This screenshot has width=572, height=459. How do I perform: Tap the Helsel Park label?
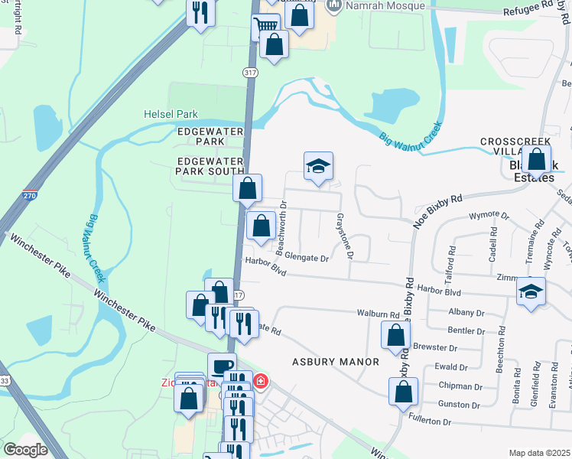click(x=171, y=114)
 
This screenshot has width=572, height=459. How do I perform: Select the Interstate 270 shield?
click(x=30, y=197)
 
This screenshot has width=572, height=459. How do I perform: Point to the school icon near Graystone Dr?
click(x=318, y=166)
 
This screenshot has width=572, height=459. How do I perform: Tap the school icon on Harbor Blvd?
click(x=531, y=291)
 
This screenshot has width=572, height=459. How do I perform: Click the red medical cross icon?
click(x=262, y=380)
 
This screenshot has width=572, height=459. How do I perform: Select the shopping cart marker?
click(x=265, y=25)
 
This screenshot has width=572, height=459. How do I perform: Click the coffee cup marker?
click(x=222, y=366)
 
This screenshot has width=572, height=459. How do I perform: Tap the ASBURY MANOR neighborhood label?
click(x=336, y=361)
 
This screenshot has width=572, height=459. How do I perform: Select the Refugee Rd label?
click(x=538, y=8)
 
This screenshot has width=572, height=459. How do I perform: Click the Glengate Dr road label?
click(x=306, y=259)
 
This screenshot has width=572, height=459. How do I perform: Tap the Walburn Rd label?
click(x=379, y=314)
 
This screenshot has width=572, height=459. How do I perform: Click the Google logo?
click(x=25, y=450)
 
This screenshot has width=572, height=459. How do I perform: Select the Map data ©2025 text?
click(x=539, y=453)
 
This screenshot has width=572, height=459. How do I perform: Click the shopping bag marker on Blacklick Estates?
click(x=538, y=160)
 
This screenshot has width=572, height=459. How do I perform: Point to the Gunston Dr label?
click(x=460, y=403)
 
